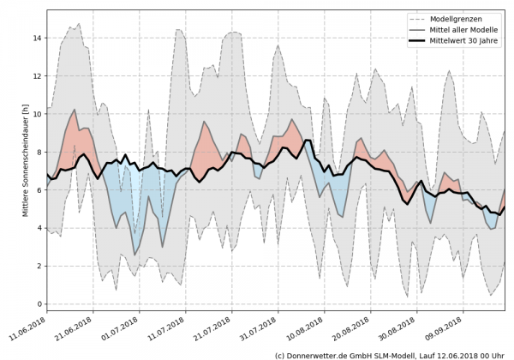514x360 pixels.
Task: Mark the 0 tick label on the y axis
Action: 39,304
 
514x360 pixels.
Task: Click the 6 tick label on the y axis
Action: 39,190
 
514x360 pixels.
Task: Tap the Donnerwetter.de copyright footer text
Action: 389,354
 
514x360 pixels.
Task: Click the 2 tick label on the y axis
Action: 39,267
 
